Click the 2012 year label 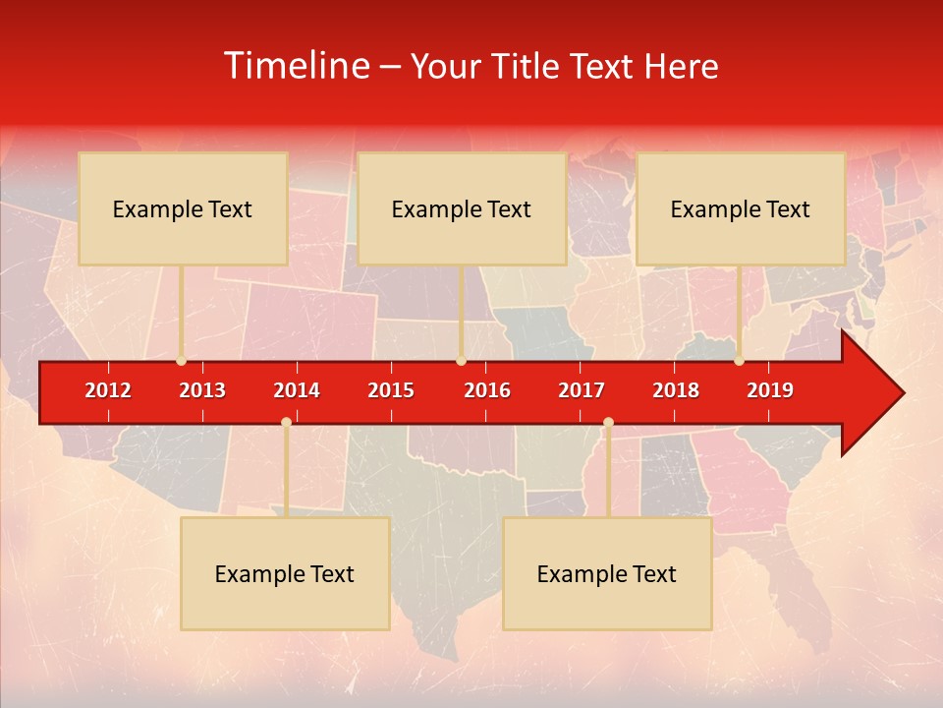tap(108, 390)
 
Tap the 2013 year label tap(202, 390)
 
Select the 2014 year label tap(297, 390)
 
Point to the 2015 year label tap(391, 390)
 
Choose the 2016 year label tap(487, 390)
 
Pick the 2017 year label tap(582, 390)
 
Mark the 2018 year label tap(676, 390)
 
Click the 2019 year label tap(770, 390)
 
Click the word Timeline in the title tap(297, 66)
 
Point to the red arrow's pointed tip tap(902, 393)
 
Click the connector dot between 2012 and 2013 tap(181, 361)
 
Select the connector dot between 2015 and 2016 tap(461, 361)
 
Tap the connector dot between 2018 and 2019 tap(739, 361)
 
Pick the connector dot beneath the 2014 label tap(286, 423)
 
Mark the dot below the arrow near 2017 tap(608, 423)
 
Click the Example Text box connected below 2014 tap(285, 573)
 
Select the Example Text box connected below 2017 tap(607, 573)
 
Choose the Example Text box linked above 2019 tap(741, 208)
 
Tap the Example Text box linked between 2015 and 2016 tap(462, 208)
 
